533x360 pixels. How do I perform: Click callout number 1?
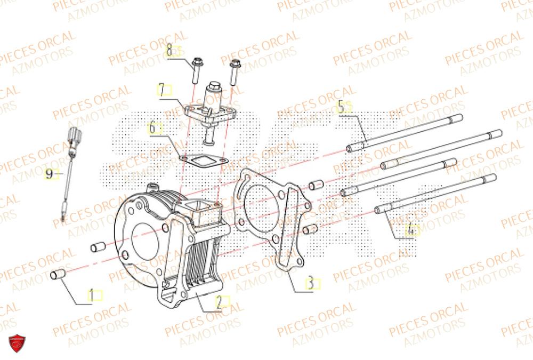[x=91, y=294]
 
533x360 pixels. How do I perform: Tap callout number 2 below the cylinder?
[x=219, y=302]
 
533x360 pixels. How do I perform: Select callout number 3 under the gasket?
[x=310, y=284]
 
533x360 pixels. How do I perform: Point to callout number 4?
[x=411, y=230]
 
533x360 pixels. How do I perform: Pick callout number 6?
[x=152, y=128]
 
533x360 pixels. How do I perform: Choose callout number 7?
[x=160, y=89]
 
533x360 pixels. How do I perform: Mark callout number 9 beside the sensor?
[x=49, y=174]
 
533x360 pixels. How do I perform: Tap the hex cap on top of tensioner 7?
[x=215, y=85]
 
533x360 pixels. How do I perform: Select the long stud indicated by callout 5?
[x=405, y=131]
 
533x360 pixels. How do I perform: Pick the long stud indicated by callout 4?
[x=437, y=193]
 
